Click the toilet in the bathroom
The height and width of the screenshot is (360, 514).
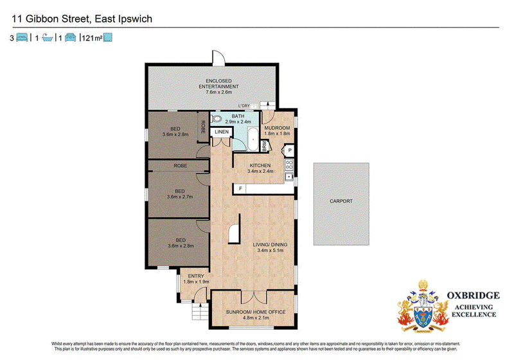click(217, 120)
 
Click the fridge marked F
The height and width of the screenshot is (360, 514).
click(240, 189)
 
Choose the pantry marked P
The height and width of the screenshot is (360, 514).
click(290, 150)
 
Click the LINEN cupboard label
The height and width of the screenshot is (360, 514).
click(222, 132)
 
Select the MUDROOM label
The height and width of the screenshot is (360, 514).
click(278, 128)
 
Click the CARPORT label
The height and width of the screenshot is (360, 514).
click(341, 201)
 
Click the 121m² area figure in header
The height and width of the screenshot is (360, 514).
click(91, 39)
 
